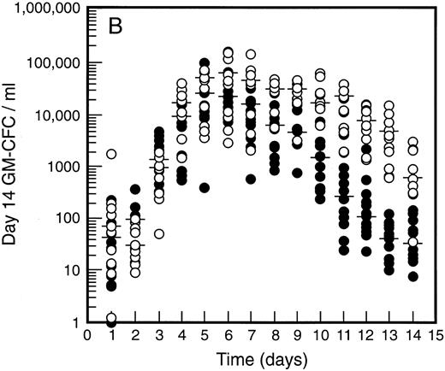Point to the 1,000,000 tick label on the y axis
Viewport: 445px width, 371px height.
point(49,10)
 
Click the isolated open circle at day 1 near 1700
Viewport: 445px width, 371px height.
point(112,155)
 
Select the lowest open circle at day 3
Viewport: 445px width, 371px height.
point(158,233)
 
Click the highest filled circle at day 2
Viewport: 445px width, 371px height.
point(135,190)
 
